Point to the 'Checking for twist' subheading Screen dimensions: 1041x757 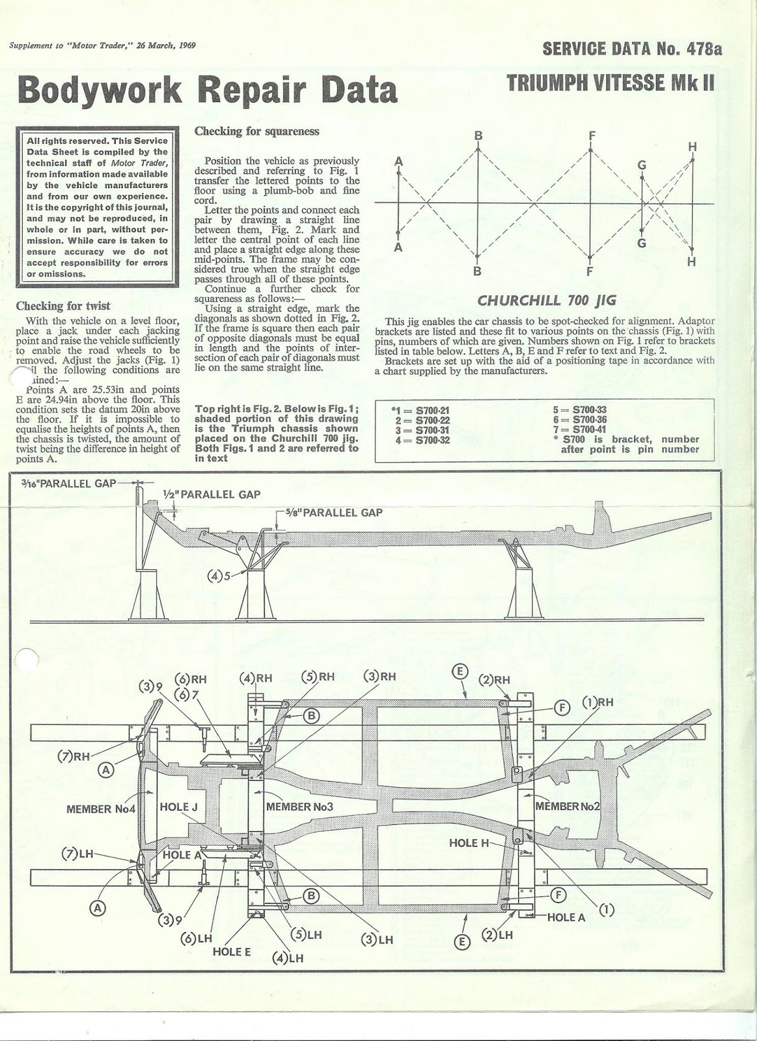click(x=63, y=305)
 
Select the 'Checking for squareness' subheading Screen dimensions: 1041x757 click(x=257, y=131)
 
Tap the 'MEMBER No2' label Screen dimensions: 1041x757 click(x=566, y=806)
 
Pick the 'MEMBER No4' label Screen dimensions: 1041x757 click(x=100, y=809)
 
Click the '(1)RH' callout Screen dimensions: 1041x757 click(x=598, y=702)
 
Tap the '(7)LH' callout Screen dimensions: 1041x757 click(x=77, y=854)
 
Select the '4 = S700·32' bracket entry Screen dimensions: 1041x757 click(x=420, y=440)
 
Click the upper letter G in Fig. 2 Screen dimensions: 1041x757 click(x=642, y=165)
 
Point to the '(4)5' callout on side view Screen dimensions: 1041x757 click(x=219, y=575)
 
